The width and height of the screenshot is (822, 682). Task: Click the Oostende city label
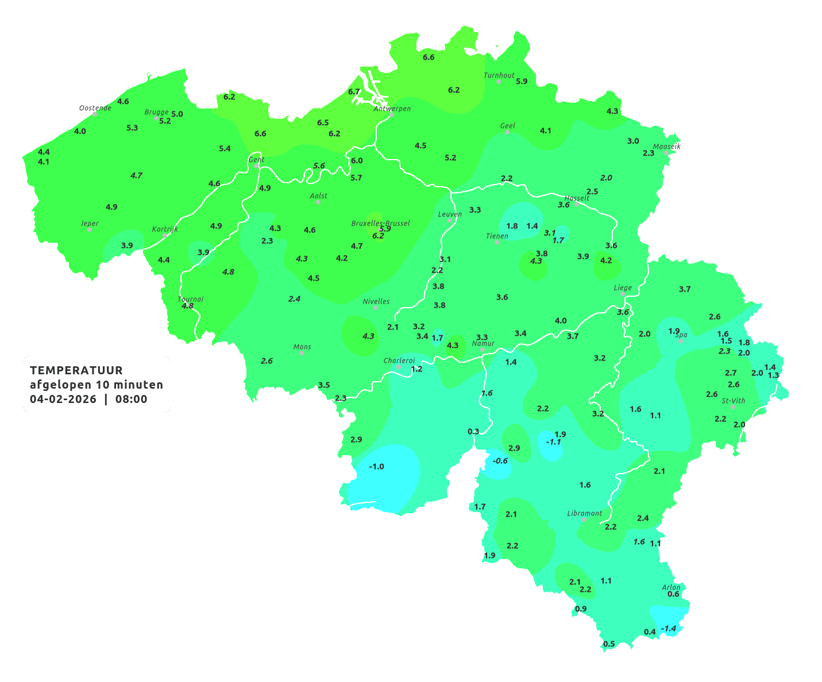pyautogui.click(x=95, y=108)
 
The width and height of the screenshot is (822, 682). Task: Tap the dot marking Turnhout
pyautogui.click(x=499, y=82)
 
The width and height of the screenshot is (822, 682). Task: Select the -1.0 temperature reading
pyautogui.click(x=376, y=466)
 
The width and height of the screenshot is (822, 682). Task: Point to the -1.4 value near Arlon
pyautogui.click(x=669, y=629)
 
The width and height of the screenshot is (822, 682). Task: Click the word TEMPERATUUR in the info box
pyautogui.click(x=76, y=370)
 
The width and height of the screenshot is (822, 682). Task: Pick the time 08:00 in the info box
pyautogui.click(x=131, y=399)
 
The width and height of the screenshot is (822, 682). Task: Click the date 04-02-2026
pyautogui.click(x=63, y=399)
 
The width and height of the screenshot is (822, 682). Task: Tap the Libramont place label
pyautogui.click(x=585, y=513)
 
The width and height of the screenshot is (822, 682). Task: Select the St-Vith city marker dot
pyautogui.click(x=733, y=407)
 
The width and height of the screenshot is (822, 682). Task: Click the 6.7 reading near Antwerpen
pyautogui.click(x=354, y=92)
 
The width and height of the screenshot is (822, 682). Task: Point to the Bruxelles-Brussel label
pyautogui.click(x=380, y=223)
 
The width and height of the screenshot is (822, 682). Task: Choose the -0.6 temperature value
pyautogui.click(x=500, y=460)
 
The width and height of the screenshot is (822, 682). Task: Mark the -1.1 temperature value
pyautogui.click(x=553, y=442)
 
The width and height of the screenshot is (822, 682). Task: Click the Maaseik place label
pyautogui.click(x=666, y=146)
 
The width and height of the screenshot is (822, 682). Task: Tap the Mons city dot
pyautogui.click(x=302, y=353)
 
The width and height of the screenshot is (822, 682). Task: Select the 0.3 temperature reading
pyautogui.click(x=473, y=431)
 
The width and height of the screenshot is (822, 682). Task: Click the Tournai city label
pyautogui.click(x=191, y=299)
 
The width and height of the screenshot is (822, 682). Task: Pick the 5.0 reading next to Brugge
pyautogui.click(x=177, y=114)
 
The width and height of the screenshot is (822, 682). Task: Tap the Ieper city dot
pyautogui.click(x=90, y=230)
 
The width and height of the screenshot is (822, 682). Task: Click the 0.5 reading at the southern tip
pyautogui.click(x=609, y=644)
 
